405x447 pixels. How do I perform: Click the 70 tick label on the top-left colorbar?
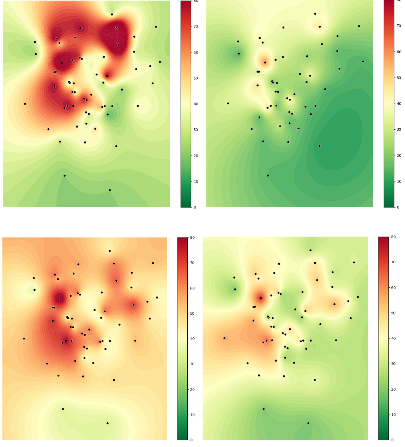pyautogui.click(x=195, y=26)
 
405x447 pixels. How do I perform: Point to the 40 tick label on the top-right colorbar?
pyautogui.click(x=399, y=104)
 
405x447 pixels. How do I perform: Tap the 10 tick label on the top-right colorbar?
pyautogui.click(x=399, y=181)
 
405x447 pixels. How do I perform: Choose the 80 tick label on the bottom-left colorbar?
pyautogui.click(x=192, y=238)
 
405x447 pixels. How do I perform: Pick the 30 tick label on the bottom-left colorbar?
pyautogui.click(x=192, y=364)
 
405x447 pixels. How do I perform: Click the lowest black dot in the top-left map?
pyautogui.click(x=110, y=190)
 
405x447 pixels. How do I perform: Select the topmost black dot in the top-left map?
pyautogui.click(x=112, y=14)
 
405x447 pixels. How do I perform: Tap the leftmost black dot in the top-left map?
pyautogui.click(x=25, y=104)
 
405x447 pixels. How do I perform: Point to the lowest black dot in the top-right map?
pyautogui.click(x=267, y=176)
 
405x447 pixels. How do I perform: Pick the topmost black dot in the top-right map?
pyautogui.click(x=315, y=14)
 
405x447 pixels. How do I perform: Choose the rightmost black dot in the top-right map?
pyautogui.click(x=363, y=61)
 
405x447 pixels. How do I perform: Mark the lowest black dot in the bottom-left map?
pyautogui.click(x=108, y=423)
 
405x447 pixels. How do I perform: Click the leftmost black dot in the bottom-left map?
pyautogui.click(x=24, y=338)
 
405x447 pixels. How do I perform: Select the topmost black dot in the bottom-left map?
pyautogui.click(x=109, y=251)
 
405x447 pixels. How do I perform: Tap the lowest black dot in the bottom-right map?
pyautogui.click(x=308, y=423)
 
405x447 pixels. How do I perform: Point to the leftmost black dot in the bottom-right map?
pyautogui.click(x=224, y=338)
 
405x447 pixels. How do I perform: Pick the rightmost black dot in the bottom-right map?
pyautogui.click(x=358, y=297)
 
